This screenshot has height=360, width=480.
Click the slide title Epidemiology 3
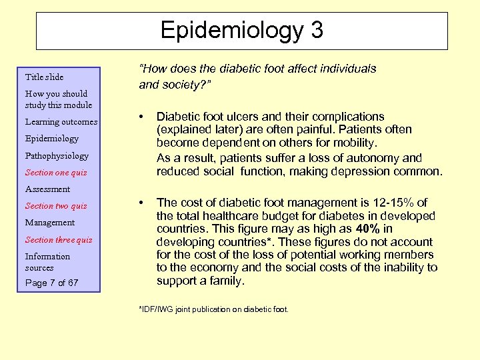[241, 31]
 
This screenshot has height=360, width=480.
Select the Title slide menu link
[44, 77]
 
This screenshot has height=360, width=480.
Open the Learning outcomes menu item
[61, 122]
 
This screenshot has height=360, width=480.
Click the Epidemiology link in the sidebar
[51, 139]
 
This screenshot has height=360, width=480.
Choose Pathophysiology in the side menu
[56, 155]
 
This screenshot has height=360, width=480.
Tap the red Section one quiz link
[55, 173]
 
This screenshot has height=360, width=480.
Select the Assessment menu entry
[47, 189]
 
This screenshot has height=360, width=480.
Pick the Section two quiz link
[55, 206]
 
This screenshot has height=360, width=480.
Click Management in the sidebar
[49, 223]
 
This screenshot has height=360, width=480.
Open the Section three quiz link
[59, 240]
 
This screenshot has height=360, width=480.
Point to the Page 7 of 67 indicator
[51, 283]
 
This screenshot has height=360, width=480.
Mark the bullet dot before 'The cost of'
[141, 203]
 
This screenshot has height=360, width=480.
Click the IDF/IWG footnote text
[213, 309]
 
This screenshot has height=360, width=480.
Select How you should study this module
[58, 99]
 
